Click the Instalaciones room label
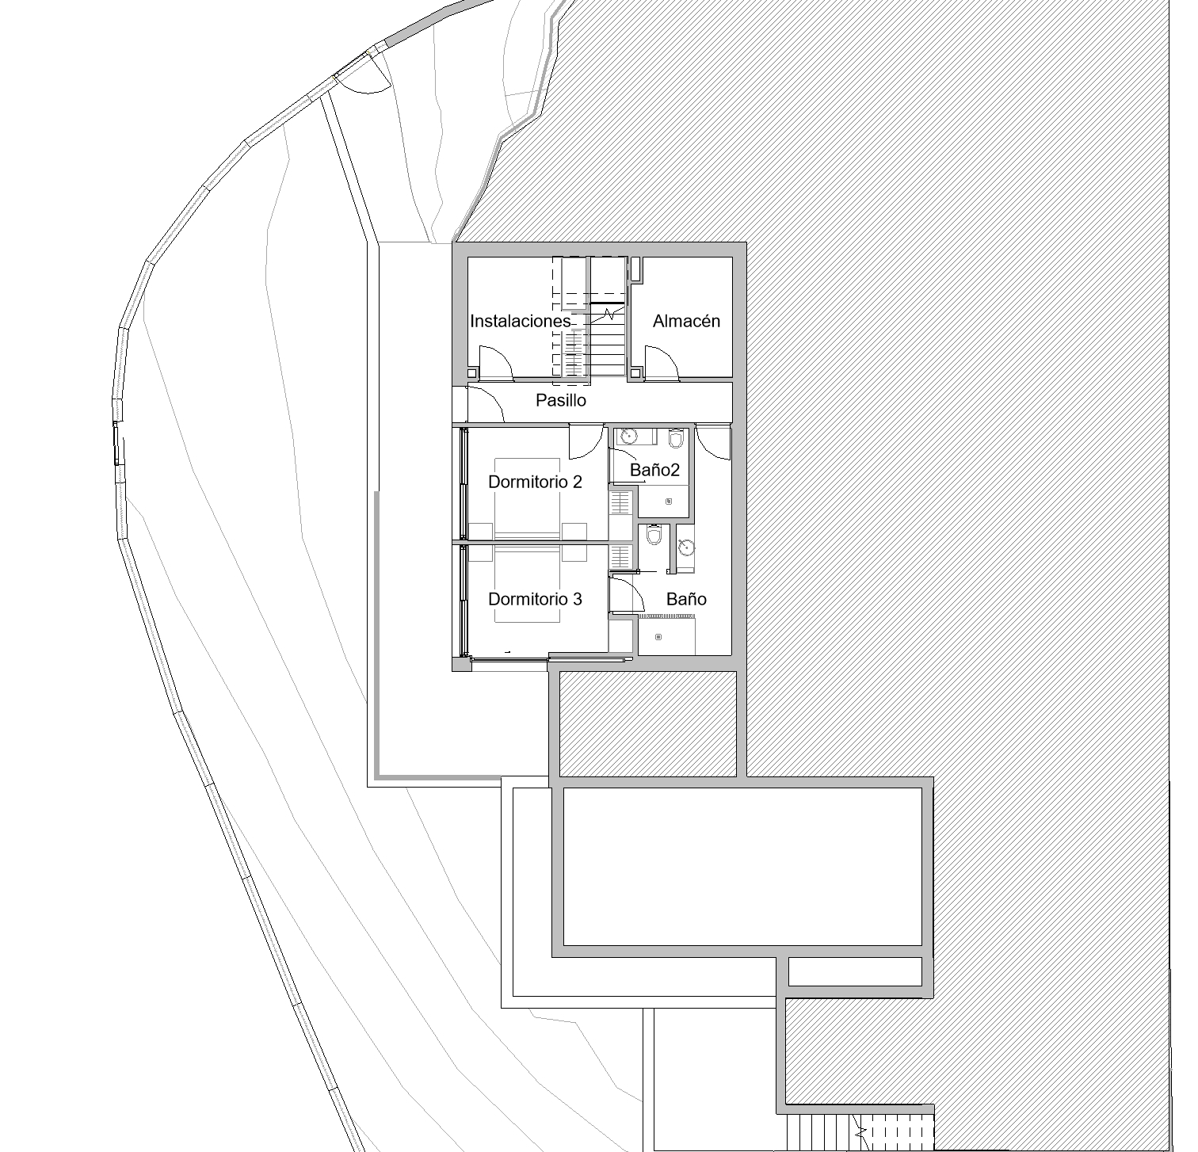(520, 321)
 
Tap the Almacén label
(686, 321)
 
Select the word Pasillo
(560, 400)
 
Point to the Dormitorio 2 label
(535, 482)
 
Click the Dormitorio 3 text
(535, 599)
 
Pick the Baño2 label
(654, 470)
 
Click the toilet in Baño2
(676, 437)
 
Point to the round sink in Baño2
(628, 435)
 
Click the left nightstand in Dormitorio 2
(481, 531)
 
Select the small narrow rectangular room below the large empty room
(856, 971)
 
